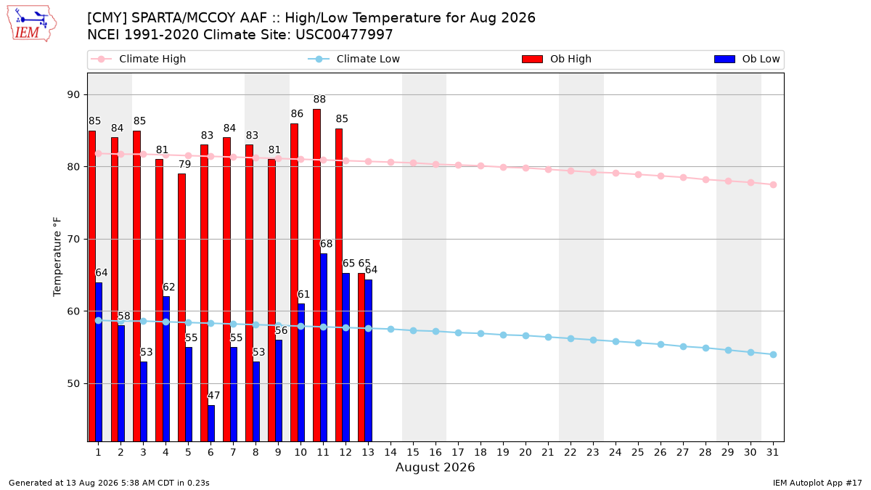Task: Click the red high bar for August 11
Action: pos(316,275)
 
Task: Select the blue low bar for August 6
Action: pos(211,423)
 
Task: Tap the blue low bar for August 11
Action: pos(324,348)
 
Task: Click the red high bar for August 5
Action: pos(181,308)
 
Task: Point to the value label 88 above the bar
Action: pos(319,99)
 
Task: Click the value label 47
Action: pos(213,396)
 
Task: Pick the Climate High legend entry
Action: pos(139,59)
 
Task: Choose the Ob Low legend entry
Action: pos(747,59)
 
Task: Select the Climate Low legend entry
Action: pos(354,59)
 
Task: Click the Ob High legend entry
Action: pos(557,59)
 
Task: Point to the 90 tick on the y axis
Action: pos(73,95)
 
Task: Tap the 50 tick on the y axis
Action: pos(73,384)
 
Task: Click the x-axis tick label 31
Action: pos(772,452)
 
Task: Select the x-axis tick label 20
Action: pos(526,452)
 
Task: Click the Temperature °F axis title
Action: pos(57,257)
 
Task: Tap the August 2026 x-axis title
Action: pos(435,467)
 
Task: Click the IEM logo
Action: pos(32,24)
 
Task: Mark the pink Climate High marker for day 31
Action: pos(773,184)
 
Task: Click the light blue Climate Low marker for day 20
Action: pos(526,335)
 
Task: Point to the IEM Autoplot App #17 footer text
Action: pos(817,483)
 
